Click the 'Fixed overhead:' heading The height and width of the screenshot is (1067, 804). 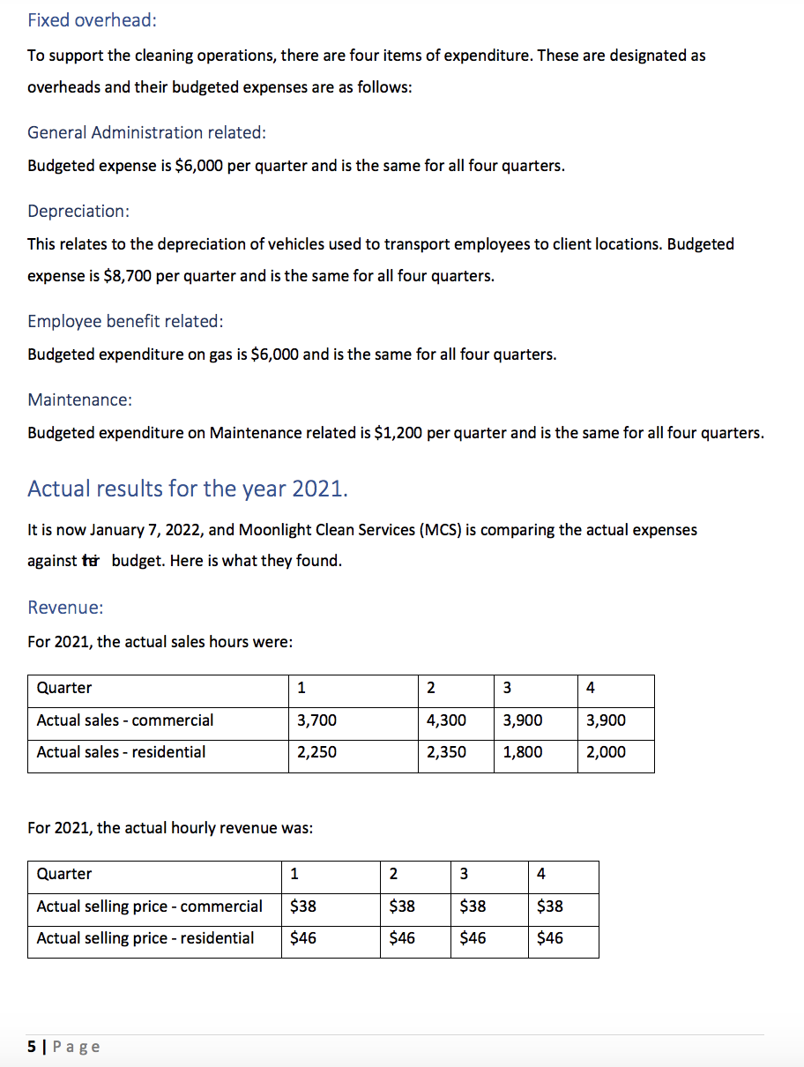coord(92,19)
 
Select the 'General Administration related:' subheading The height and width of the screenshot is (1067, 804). coord(146,132)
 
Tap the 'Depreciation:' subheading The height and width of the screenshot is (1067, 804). coord(78,211)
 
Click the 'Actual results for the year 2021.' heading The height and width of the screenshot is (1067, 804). coord(188,489)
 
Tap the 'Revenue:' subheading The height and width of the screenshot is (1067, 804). coord(65,608)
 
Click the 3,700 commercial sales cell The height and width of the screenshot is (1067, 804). coord(316,720)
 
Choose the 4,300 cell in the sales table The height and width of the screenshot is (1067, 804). coord(446,720)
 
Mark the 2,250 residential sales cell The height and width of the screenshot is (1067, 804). coord(316,752)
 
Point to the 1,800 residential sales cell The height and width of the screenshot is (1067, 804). coord(523,752)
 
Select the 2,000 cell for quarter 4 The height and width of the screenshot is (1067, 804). coord(606,752)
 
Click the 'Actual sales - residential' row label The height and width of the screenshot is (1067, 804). coord(121,752)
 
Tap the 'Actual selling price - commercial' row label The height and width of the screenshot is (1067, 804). coord(149,907)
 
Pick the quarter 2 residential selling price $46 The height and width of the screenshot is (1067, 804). coord(402,938)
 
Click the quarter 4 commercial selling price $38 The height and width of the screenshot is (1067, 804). coord(549,907)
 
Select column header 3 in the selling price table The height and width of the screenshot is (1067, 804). coord(464,874)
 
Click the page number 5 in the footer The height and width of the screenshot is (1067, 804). coord(32,1047)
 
